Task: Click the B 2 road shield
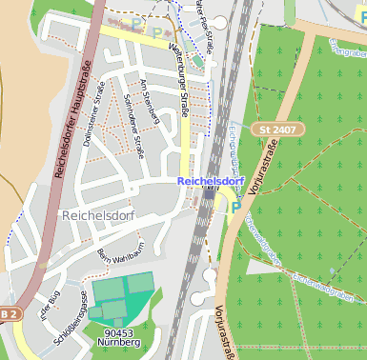coord(7,314)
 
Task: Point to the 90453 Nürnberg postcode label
coord(121,337)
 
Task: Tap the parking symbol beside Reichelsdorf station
coord(234,207)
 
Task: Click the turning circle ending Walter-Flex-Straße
coord(220,22)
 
